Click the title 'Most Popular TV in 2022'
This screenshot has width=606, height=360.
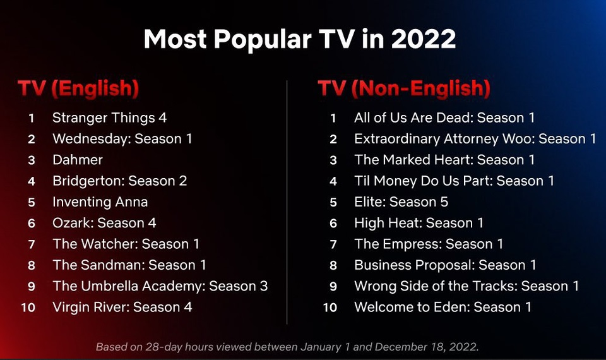[299, 39]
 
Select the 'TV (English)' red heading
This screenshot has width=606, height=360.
[78, 88]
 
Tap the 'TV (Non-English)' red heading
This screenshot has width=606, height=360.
[404, 88]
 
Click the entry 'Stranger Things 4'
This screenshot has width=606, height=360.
[109, 118]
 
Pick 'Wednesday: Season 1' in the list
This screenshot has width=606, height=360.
[122, 139]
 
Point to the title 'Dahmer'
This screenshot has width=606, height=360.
[78, 160]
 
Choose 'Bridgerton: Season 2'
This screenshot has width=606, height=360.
[120, 181]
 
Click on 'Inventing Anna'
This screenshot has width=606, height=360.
[100, 202]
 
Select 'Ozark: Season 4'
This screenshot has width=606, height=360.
[104, 223]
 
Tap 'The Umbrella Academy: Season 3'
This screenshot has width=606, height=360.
[160, 286]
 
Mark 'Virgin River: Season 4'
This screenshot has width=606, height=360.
[122, 307]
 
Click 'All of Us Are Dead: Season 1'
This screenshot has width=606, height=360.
[444, 118]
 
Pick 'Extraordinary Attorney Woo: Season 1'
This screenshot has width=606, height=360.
[475, 139]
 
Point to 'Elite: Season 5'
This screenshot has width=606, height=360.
[401, 202]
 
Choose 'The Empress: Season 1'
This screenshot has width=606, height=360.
[429, 244]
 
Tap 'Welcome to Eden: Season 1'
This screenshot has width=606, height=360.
[443, 307]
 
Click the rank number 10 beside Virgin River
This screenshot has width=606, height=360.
[28, 308]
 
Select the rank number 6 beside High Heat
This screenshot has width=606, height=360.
[333, 224]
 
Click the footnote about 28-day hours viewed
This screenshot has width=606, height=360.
[287, 347]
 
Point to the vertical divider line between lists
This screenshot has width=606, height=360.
[287, 202]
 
